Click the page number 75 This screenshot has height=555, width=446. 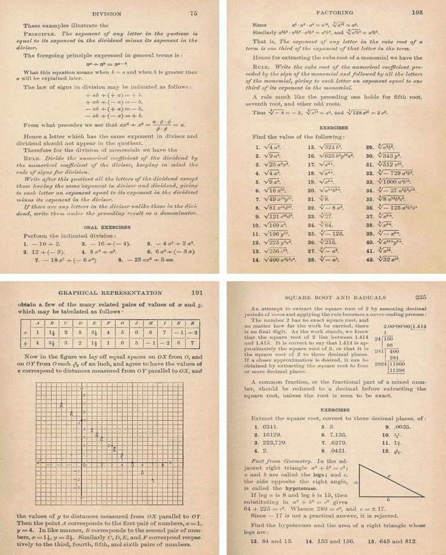(193, 12)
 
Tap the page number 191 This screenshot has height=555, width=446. (196, 293)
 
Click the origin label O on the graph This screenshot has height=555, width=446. (84, 465)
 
